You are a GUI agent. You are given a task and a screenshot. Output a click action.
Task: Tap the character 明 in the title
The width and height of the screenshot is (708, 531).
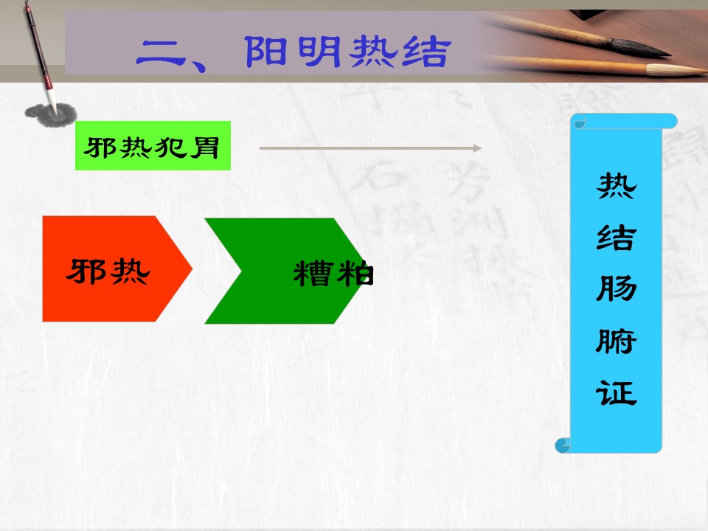point(319,52)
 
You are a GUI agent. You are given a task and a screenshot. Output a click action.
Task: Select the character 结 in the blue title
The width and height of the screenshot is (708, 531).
point(426,52)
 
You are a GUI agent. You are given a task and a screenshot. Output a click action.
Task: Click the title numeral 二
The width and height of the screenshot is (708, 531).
point(160,54)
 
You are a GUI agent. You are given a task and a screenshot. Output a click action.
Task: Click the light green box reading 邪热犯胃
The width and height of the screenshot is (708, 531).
point(153,145)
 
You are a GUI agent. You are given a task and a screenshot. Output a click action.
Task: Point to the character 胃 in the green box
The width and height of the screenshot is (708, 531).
point(204,147)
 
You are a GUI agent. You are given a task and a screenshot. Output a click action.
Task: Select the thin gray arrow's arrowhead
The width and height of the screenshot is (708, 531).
point(477,148)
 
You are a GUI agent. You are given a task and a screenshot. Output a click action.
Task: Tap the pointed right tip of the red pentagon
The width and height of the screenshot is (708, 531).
point(192,269)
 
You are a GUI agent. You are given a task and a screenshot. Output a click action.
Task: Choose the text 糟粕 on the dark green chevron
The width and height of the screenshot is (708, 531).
point(333,274)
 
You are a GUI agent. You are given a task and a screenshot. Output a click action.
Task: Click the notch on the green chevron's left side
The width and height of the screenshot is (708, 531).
point(241,271)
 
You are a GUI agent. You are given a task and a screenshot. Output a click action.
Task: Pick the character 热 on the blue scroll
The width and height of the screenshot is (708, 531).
point(617,186)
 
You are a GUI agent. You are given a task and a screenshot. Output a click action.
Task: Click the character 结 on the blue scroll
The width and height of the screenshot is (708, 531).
point(617,237)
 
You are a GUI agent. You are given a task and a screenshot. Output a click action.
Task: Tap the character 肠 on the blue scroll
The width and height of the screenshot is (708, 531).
point(617,289)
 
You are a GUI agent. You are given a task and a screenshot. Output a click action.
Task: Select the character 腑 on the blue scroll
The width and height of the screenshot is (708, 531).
point(617,341)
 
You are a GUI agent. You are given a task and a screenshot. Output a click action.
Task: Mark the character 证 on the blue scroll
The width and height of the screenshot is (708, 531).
point(617,393)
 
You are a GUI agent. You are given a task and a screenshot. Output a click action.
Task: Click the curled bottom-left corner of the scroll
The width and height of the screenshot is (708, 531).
point(563,445)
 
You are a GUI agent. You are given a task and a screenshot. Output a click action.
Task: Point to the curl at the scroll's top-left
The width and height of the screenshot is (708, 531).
point(578,121)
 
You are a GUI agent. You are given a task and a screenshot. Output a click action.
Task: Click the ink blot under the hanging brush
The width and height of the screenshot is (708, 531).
point(51,115)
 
